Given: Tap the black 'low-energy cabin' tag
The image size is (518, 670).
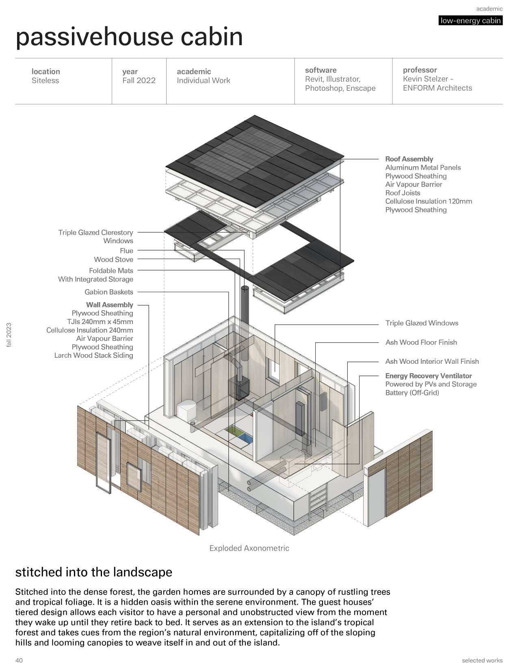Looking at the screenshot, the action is click(470, 21).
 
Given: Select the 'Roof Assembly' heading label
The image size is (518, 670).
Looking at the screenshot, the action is click(409, 159).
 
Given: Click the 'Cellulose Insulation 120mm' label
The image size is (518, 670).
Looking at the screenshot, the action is click(429, 201).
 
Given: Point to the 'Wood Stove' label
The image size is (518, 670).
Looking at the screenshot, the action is click(113, 259).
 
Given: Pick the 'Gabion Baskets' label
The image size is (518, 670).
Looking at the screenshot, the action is click(109, 292).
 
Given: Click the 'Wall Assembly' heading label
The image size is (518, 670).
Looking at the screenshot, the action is click(109, 305).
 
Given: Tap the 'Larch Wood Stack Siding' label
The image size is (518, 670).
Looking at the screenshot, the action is click(94, 355).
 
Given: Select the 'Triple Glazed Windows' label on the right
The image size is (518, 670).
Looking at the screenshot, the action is click(422, 323).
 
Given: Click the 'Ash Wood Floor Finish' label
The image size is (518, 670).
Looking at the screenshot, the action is click(421, 342).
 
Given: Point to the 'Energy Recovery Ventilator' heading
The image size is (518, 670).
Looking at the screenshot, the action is click(429, 376).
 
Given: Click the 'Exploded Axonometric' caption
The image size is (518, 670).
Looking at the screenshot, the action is click(249, 548).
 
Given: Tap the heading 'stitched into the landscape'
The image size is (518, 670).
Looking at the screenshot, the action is click(94, 572).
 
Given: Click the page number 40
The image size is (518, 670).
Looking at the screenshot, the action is click(19, 660).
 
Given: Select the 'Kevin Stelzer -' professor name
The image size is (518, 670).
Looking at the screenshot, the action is click(428, 79).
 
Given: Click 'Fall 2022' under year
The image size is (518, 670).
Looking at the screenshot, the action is click(139, 80).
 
